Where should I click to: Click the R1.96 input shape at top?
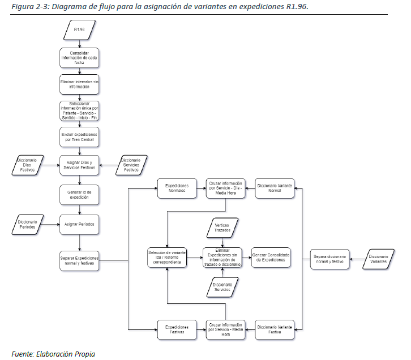(79, 29)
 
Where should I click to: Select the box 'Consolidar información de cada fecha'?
(79, 58)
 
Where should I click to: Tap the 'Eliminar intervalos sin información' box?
(79, 85)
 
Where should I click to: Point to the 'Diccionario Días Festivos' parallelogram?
(27, 165)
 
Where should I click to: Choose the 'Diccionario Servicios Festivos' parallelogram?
(131, 165)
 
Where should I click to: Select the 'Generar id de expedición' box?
(79, 195)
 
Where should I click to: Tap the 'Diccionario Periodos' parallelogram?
(27, 225)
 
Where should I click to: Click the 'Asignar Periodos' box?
(79, 225)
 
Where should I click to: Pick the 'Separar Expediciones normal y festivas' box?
(79, 261)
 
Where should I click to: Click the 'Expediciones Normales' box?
(176, 189)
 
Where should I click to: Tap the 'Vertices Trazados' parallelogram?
(221, 228)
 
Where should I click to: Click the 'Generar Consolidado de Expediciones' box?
(271, 258)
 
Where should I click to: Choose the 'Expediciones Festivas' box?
(176, 329)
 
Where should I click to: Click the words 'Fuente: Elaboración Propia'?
(49, 354)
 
